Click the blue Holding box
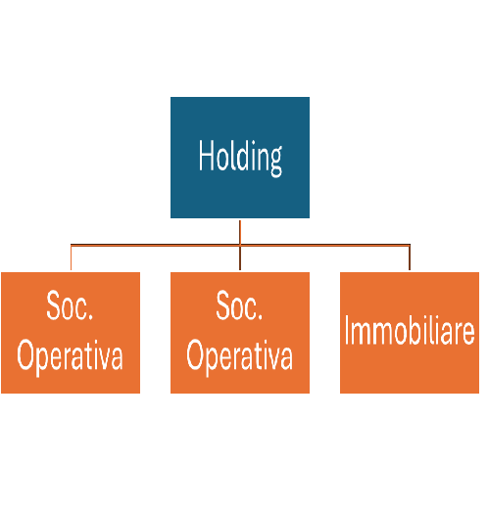pyautogui.click(x=240, y=158)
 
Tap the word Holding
pyautogui.click(x=240, y=158)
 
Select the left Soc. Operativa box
pyautogui.click(x=71, y=333)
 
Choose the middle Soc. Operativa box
pyautogui.click(x=240, y=333)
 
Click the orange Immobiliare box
pyautogui.click(x=410, y=333)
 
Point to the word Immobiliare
pyautogui.click(x=410, y=330)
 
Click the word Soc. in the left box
pyautogui.click(x=70, y=305)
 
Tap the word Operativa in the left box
pyautogui.click(x=70, y=357)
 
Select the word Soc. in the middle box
pyautogui.click(x=239, y=305)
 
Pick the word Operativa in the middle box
pyautogui.click(x=239, y=357)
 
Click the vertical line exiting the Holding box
pyautogui.click(x=240, y=232)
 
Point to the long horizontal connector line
pyautogui.click(x=240, y=245)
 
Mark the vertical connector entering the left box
pyautogui.click(x=72, y=257)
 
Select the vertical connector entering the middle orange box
pyautogui.click(x=240, y=258)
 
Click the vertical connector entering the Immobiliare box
pyautogui.click(x=410, y=257)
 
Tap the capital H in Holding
pyautogui.click(x=206, y=156)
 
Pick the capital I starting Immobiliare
pyautogui.click(x=347, y=330)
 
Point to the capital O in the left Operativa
pyautogui.click(x=25, y=354)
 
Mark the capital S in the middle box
pyautogui.click(x=223, y=305)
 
